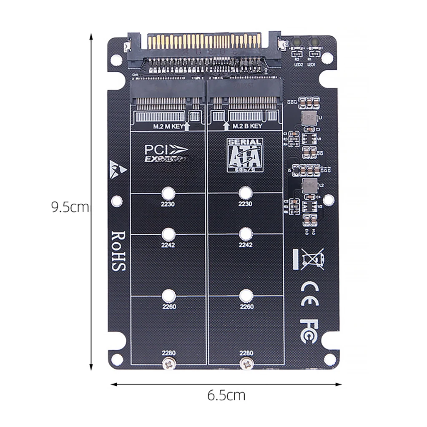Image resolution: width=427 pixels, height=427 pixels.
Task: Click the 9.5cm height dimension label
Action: click(70, 207)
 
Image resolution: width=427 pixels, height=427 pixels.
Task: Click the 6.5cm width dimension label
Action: click(226, 395)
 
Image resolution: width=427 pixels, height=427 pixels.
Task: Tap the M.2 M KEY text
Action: click(166, 126)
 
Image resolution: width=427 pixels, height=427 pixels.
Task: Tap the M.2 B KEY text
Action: click(247, 126)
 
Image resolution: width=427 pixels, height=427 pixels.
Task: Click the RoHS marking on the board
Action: click(118, 251)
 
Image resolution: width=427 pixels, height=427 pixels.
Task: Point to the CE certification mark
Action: click(309, 289)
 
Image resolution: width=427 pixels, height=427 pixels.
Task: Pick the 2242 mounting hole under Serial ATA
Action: click(246, 233)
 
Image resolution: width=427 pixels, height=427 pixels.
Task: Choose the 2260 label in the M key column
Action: click(168, 307)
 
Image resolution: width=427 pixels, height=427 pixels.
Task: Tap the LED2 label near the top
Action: click(298, 65)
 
